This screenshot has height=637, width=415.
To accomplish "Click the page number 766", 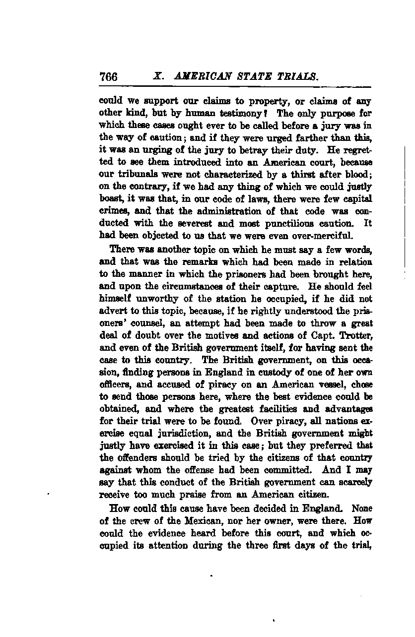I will click(108, 77).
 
